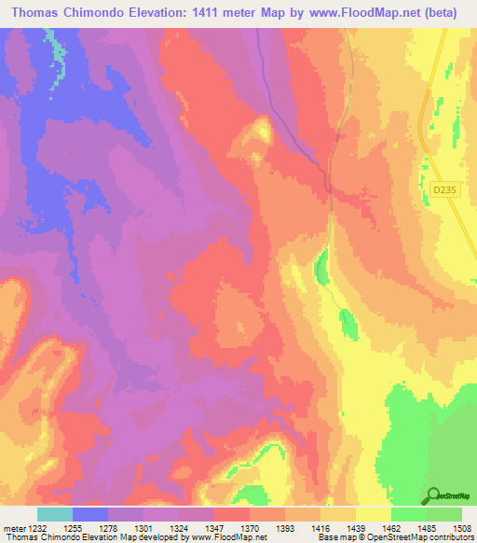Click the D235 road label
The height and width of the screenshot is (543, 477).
pos(443,189)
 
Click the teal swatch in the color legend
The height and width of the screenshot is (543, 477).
pos(54,515)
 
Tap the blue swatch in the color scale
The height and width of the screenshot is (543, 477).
pos(89,515)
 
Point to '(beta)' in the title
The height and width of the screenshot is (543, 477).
pos(446,12)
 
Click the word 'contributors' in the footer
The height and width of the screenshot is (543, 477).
pos(451,537)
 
